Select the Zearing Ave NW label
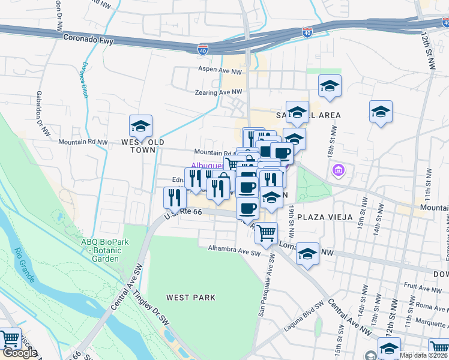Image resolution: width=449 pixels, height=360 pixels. (x=218, y=92)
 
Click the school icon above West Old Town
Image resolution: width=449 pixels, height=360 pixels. (x=140, y=126)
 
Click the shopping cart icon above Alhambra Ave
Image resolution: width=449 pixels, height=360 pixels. (x=266, y=233)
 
